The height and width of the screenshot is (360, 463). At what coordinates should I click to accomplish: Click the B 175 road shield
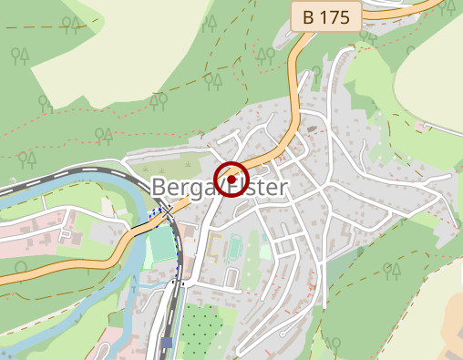325,16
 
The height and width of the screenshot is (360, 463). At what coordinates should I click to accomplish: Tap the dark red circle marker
231,179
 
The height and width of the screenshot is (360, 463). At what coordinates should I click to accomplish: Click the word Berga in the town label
180,189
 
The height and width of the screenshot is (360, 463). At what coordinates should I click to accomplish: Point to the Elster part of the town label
258,189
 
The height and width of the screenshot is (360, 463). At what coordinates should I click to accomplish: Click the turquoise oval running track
236,246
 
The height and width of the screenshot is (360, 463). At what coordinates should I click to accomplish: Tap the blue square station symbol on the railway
167,343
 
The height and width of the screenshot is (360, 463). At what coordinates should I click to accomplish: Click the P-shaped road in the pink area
66,235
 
